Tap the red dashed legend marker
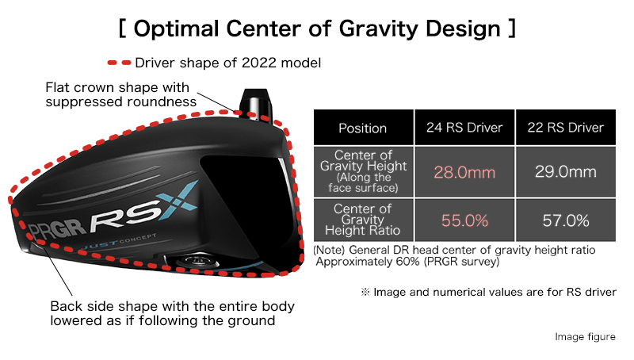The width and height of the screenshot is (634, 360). click(120, 63)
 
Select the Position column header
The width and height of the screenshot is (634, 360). click(363, 128)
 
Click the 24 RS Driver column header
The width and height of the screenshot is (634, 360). click(464, 128)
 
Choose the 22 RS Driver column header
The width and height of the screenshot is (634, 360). click(565, 128)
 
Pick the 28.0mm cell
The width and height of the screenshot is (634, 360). click(464, 172)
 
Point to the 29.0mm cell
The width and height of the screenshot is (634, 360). click(565, 172)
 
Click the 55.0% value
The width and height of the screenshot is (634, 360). click(464, 220)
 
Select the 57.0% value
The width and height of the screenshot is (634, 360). click(566, 220)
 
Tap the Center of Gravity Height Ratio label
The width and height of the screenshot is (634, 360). click(363, 220)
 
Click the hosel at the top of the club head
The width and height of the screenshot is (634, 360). click(255, 104)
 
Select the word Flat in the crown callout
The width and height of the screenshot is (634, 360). click(57, 87)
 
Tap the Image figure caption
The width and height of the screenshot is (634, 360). click(585, 336)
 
